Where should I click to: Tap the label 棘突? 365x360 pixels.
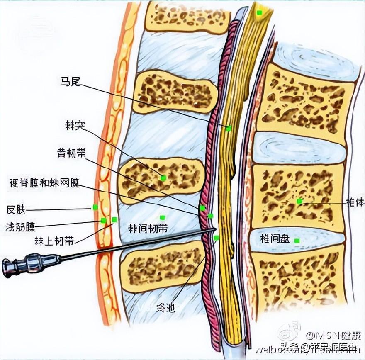click(x=75, y=125)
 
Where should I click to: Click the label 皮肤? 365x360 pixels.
click(x=16, y=209)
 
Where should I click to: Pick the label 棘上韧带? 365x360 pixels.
click(x=54, y=240)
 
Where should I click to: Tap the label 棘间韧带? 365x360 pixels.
click(x=148, y=228)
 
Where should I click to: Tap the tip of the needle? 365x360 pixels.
click(x=215, y=229)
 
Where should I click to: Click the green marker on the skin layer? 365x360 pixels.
click(x=95, y=207)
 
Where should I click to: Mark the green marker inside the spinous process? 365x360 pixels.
click(x=163, y=178)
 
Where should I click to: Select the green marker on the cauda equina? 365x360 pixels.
click(x=228, y=129)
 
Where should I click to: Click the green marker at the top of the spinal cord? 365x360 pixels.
click(x=259, y=12)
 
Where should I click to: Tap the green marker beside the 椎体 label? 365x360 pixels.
click(x=299, y=201)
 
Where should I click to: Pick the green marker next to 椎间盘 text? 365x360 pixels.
click(x=297, y=241)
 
